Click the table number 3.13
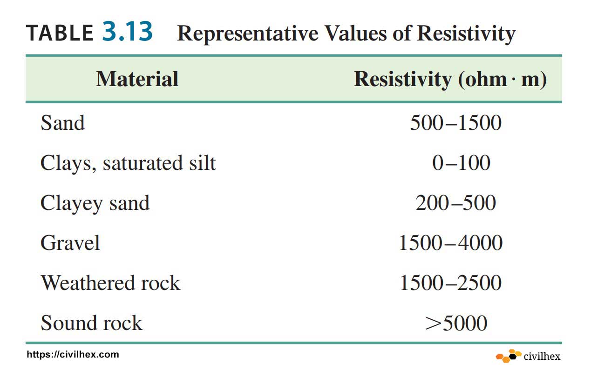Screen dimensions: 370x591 [127, 32]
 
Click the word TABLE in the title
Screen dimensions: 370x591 [60, 33]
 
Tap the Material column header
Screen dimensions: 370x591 [137, 79]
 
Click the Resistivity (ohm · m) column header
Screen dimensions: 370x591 [450, 79]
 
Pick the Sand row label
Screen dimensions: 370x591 [63, 123]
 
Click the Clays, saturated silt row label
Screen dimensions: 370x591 [128, 163]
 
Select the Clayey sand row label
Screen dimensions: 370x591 [95, 203]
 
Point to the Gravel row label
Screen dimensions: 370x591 [70, 243]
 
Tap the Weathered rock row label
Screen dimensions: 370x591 [110, 283]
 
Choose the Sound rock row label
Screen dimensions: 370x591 [91, 323]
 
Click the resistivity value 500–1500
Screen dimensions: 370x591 [455, 123]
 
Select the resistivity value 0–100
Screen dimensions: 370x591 [461, 163]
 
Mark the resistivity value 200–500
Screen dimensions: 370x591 [455, 203]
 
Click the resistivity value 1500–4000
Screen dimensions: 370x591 [450, 243]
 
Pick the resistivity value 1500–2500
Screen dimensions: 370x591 [450, 283]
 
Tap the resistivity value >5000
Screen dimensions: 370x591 [456, 323]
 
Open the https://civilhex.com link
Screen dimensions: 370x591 [73, 355]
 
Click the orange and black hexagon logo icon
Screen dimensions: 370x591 [508, 356]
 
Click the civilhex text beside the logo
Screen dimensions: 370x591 [542, 357]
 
